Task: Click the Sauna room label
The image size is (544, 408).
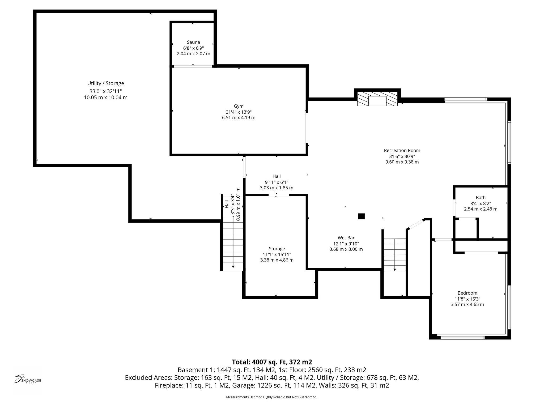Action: pos(193,42)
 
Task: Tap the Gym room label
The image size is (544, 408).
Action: pos(239,106)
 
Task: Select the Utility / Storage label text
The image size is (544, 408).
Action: pos(106,83)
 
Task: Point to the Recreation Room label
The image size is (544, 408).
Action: pos(402,151)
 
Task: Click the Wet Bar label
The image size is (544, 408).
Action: pos(346,238)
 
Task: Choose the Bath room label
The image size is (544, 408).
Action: pos(481,198)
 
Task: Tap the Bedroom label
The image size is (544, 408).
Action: pos(467,293)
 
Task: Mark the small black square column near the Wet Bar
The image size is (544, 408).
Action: pos(361,216)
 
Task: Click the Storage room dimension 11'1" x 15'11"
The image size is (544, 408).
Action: pos(277,254)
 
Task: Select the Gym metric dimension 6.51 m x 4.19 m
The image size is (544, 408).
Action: pos(239,118)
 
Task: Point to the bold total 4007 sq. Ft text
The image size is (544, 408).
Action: pos(272,362)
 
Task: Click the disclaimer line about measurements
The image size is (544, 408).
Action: pos(271,397)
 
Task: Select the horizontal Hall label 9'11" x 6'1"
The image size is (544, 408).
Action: pos(277,182)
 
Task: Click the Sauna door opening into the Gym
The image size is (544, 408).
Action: pos(193,66)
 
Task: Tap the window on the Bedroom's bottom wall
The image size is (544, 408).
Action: pos(462,338)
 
